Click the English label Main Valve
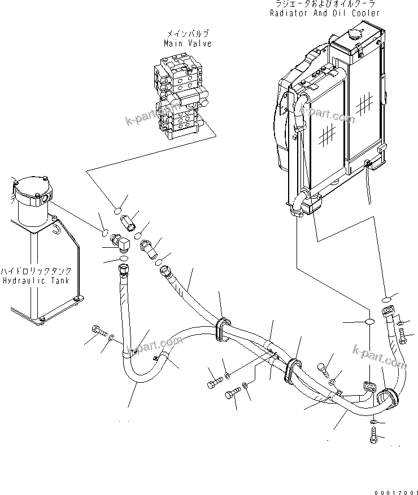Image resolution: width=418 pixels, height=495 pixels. coord(188,43)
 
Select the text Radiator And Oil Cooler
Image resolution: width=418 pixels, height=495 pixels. coord(324,13)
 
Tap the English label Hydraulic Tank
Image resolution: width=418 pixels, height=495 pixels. coord(36,280)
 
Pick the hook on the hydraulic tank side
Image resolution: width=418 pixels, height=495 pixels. coord(55,227)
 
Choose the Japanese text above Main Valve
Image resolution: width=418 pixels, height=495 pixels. coord(188,34)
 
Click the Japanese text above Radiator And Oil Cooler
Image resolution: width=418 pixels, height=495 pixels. coord(324,5)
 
